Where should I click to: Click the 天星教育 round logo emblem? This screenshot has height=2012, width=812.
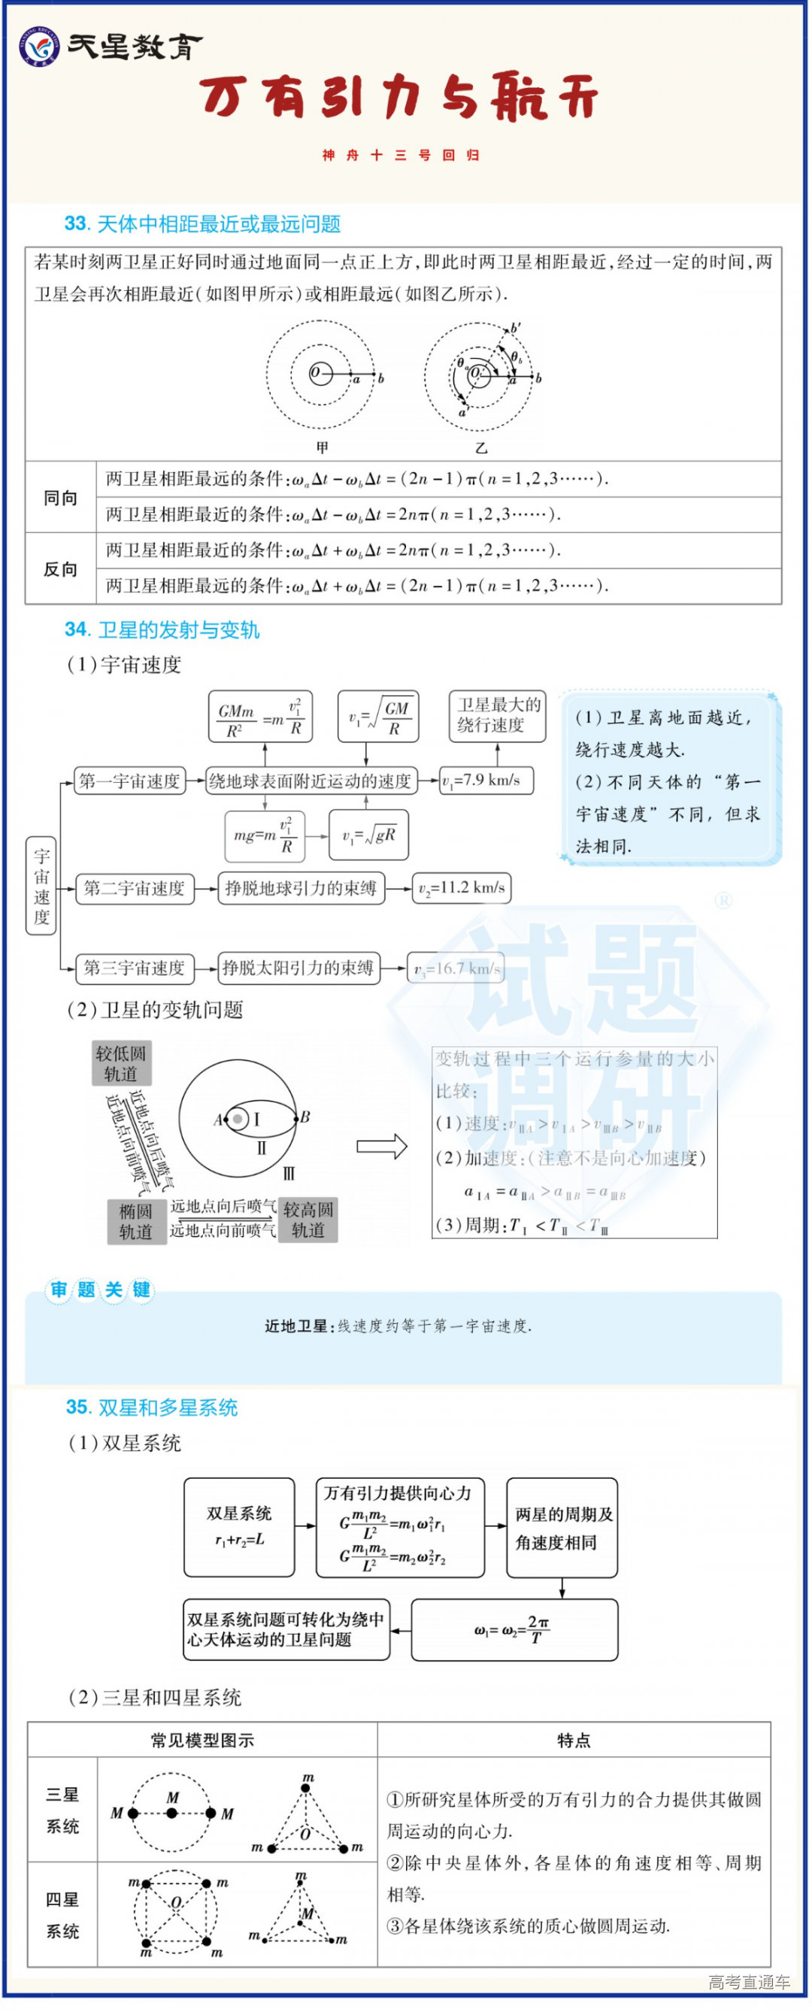click(39, 47)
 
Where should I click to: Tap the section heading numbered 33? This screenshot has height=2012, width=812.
click(202, 224)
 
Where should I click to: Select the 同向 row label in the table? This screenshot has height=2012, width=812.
click(60, 497)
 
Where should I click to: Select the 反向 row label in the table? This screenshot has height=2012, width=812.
click(60, 568)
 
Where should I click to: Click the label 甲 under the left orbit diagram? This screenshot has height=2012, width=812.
click(322, 447)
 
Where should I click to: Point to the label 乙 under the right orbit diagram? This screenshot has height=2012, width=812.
click(481, 447)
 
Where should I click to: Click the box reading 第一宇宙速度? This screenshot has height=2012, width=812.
click(129, 780)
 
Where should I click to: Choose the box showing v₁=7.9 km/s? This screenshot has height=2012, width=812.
click(486, 780)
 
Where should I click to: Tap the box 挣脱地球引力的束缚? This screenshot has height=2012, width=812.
click(301, 888)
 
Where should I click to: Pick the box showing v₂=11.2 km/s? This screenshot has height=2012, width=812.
click(462, 888)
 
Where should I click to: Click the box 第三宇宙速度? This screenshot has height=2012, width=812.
click(135, 968)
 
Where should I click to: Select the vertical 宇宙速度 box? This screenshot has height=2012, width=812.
click(41, 886)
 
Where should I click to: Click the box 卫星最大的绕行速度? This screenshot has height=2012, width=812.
click(498, 715)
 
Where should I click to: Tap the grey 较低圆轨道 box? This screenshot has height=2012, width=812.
click(120, 1063)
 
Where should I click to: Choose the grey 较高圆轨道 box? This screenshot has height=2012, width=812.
click(308, 1220)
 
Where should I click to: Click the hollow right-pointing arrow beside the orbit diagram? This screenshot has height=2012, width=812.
click(382, 1146)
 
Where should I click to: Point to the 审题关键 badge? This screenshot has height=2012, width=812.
click(99, 1289)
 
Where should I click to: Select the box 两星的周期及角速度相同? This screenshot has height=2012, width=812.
click(562, 1528)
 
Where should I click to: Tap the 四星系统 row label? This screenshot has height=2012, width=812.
click(62, 1914)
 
